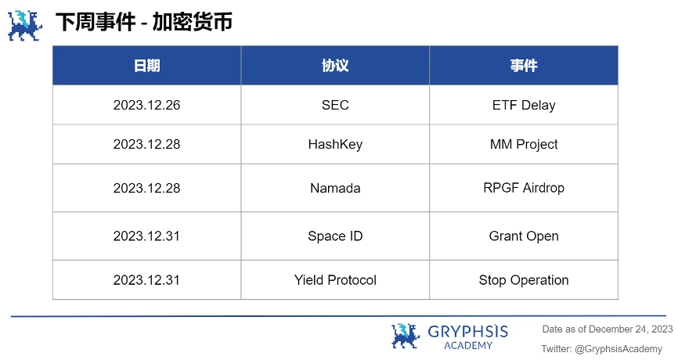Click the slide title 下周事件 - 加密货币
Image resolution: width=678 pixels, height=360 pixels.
click(143, 22)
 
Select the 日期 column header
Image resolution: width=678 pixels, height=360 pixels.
click(146, 66)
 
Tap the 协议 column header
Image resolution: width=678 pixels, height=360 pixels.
click(335, 66)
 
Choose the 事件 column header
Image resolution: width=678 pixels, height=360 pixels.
click(524, 66)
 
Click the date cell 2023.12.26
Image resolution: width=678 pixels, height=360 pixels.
click(146, 105)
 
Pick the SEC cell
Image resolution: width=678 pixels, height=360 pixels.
click(335, 105)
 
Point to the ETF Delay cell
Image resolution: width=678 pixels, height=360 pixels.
click(524, 105)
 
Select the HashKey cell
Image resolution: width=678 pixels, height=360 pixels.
click(335, 144)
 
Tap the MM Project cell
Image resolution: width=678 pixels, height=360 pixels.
click(524, 144)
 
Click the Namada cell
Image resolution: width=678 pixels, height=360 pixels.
click(335, 188)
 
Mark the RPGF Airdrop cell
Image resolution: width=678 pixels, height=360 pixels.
click(524, 188)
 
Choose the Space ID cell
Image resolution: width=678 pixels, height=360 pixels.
click(335, 236)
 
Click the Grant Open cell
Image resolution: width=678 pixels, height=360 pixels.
click(524, 236)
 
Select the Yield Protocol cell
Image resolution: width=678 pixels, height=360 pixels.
click(335, 280)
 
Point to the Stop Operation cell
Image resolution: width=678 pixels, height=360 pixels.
click(524, 280)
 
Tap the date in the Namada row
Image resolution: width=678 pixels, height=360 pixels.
click(146, 188)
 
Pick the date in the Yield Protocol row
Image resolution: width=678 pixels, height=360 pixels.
click(146, 280)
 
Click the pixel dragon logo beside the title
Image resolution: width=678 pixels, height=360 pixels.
click(23, 24)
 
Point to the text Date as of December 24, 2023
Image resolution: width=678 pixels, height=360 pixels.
click(608, 329)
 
